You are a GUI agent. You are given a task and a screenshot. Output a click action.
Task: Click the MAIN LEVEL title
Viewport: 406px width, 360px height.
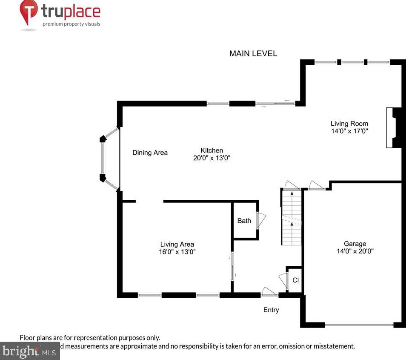click(253, 54)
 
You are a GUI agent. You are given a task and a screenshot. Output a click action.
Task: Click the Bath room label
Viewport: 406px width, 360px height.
click(244, 221)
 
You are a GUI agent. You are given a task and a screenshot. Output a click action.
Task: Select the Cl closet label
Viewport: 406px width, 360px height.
click(295, 280)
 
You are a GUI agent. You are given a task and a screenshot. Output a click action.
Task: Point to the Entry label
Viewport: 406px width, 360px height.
click(271, 310)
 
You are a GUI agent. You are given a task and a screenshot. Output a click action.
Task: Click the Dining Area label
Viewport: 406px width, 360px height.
click(150, 153)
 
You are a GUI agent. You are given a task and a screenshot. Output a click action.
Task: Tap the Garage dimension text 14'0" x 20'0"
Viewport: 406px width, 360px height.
click(355, 251)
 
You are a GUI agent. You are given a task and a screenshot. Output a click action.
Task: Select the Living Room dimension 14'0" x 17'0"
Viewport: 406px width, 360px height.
click(349, 131)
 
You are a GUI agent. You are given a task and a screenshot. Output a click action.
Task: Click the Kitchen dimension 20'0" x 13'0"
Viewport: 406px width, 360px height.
click(212, 158)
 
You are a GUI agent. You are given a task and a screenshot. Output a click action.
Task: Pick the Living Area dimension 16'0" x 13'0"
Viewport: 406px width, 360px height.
click(177, 252)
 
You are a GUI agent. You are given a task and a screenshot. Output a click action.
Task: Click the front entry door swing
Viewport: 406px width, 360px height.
click(269, 291)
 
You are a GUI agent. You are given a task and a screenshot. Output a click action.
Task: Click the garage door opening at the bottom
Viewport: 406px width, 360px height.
click(359, 325)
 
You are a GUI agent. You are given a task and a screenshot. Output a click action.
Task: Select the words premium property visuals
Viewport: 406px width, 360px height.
click(71, 24)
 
